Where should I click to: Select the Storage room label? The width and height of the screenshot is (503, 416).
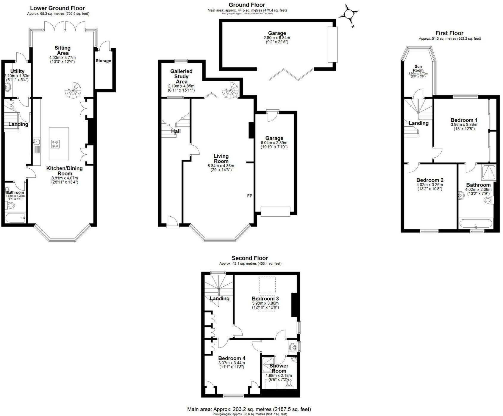click(x=103, y=61)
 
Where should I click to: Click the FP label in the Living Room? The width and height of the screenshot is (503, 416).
click(x=250, y=196)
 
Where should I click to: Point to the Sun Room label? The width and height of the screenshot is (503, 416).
click(x=418, y=68)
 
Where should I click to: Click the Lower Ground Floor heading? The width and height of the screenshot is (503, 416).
click(x=57, y=8)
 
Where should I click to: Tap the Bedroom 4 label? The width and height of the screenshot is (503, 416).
click(x=232, y=358)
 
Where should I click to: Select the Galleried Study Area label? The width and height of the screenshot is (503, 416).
click(x=181, y=76)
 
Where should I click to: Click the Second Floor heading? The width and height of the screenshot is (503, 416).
click(x=250, y=258)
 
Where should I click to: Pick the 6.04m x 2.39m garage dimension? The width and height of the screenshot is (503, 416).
click(x=274, y=145)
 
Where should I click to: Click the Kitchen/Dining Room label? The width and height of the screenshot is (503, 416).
click(x=64, y=171)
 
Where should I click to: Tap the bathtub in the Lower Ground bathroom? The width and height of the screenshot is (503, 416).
click(x=15, y=218)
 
